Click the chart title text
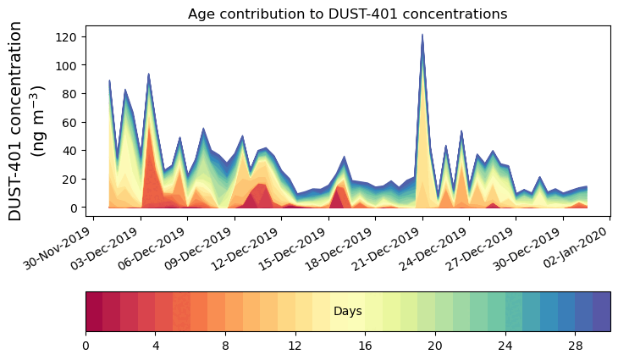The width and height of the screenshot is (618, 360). [x=347, y=14]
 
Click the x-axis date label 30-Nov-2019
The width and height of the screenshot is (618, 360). [x=58, y=247]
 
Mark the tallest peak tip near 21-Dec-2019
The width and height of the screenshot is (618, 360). [x=422, y=35]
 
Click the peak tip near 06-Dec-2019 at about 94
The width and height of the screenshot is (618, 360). [x=148, y=74]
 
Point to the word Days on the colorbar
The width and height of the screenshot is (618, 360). [x=347, y=312]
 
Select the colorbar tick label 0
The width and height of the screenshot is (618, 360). [x=86, y=346]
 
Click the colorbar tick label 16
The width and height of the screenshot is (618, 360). [x=365, y=346]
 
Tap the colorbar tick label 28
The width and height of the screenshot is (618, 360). [x=575, y=346]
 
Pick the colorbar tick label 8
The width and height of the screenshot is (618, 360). [x=225, y=346]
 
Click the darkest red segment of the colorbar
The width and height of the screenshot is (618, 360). [x=94, y=312]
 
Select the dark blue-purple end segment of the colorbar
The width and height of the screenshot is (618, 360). [x=601, y=312]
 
